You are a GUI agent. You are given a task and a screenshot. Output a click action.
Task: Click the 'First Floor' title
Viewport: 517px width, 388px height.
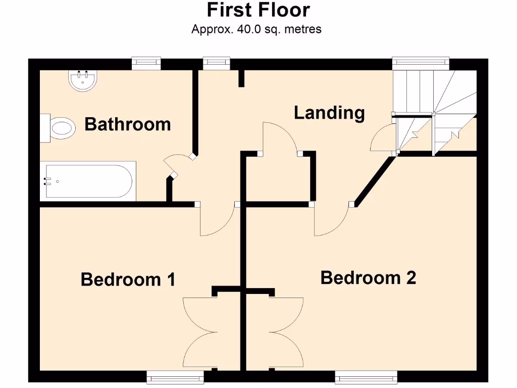(258, 10)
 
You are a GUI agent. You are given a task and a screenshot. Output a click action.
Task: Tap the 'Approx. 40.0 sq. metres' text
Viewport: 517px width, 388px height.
(256, 29)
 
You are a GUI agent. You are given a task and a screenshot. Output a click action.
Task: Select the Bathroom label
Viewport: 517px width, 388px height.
(127, 124)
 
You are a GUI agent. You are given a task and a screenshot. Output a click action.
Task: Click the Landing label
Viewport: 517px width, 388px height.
(329, 112)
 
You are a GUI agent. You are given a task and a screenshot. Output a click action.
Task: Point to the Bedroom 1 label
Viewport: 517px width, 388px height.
(128, 279)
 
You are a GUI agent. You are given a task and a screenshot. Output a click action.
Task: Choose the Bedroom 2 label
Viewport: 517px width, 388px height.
(368, 277)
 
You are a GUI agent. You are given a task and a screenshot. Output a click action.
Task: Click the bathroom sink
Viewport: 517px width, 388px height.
(82, 80)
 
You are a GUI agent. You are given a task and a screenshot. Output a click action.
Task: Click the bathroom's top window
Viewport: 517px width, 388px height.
(146, 63)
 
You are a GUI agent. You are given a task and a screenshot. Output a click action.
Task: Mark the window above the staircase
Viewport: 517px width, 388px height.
(421, 62)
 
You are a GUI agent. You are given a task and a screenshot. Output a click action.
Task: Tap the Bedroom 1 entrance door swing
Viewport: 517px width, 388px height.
(217, 220)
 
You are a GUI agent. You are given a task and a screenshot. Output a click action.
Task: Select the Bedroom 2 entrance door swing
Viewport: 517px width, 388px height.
(331, 220)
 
